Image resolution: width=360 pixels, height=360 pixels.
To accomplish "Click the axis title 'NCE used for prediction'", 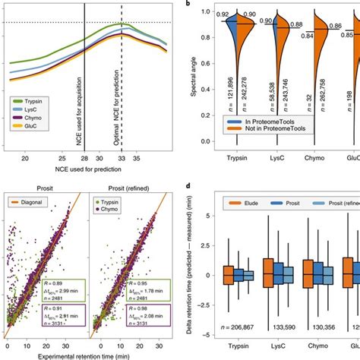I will [86, 171].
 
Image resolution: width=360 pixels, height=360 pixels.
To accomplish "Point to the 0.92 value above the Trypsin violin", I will [222, 14].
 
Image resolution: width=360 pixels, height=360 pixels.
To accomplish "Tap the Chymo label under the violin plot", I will [308, 158].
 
